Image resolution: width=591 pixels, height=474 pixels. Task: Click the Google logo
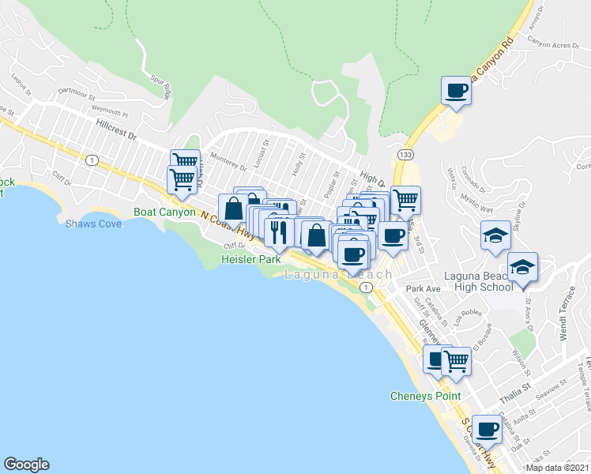pos(26,465)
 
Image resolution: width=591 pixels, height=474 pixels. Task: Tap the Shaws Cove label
pos(93,224)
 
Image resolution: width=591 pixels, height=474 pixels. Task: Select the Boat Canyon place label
pos(164,212)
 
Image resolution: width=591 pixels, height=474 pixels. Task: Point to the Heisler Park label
pos(250,259)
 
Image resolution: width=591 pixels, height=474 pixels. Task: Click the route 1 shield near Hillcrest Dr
pos(92,160)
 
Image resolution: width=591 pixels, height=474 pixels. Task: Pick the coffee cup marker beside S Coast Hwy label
pos(487,429)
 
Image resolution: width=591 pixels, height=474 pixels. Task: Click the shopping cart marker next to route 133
pos(405,200)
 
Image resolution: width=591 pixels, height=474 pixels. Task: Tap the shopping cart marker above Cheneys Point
pos(456,360)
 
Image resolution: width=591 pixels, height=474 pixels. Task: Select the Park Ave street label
pos(417,289)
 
